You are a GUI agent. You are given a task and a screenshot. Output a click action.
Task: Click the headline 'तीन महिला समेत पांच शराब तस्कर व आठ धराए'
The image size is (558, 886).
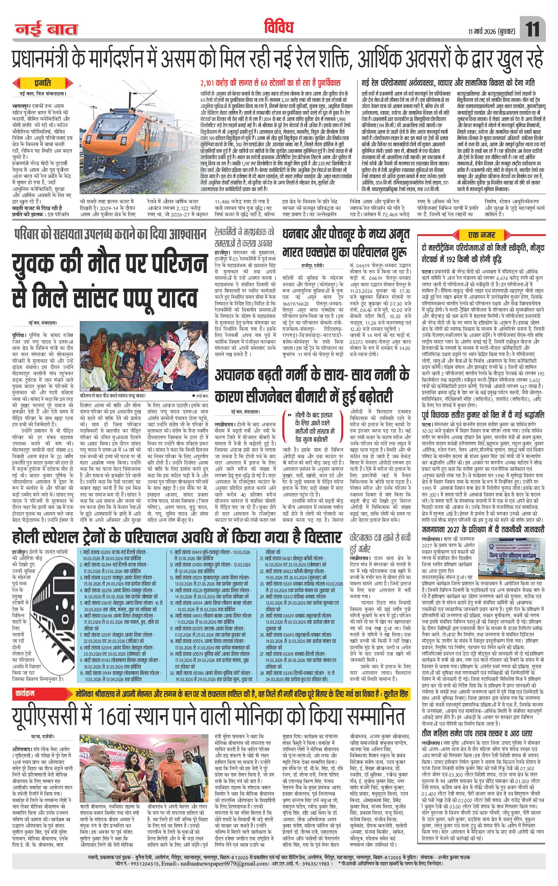coord(482,723)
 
